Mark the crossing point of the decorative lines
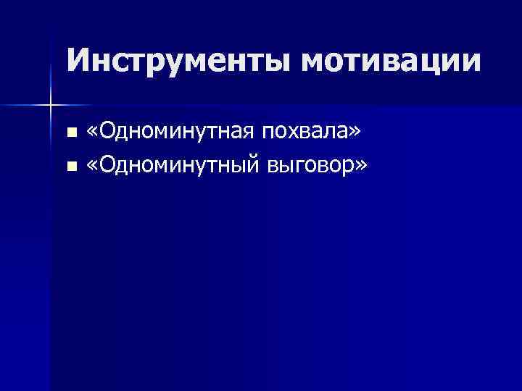point(51,106)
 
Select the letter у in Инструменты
point(173,63)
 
